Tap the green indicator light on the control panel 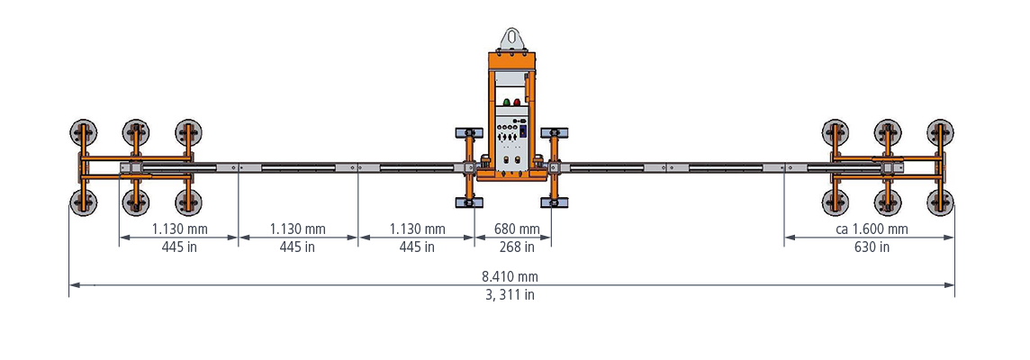click(x=507, y=102)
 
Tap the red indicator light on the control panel click(x=517, y=102)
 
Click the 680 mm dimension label click(x=513, y=229)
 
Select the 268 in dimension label click(x=513, y=247)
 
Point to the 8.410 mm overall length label click(x=510, y=276)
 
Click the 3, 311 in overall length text click(x=510, y=294)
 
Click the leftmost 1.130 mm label click(x=179, y=229)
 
